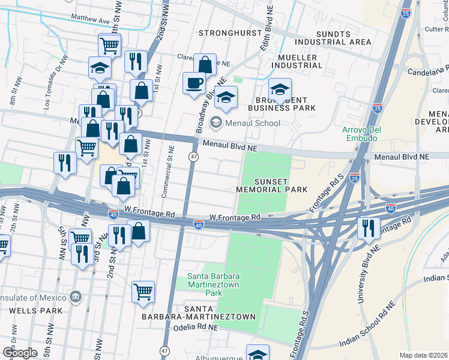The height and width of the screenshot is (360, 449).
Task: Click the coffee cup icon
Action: [194, 83]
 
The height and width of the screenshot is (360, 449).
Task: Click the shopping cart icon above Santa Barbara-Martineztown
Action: [143, 292]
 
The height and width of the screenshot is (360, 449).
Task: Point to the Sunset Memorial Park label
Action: [272, 185]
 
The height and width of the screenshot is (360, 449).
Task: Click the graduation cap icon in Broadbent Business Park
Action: [280, 90]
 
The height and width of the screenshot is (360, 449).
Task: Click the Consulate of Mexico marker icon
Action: [76, 296]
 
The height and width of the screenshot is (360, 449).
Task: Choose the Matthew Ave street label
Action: [91, 19]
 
